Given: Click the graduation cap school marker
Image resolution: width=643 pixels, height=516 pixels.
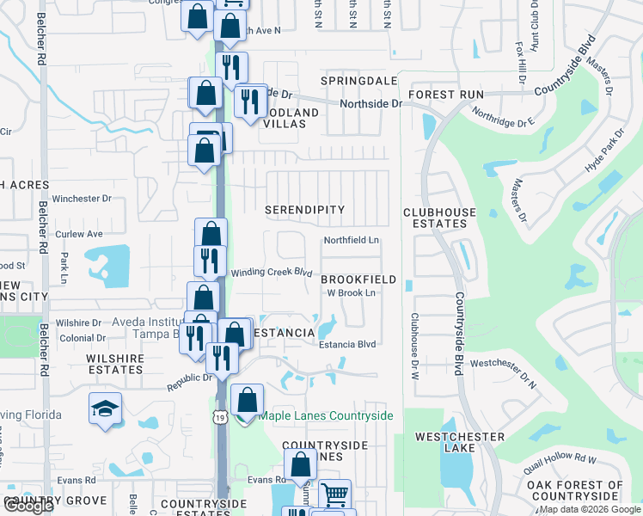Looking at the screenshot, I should coord(104,407).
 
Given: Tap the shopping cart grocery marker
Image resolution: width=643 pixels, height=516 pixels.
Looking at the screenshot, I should coord(334,494).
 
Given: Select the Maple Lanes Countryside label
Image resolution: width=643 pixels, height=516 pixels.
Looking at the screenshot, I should coord(326,416).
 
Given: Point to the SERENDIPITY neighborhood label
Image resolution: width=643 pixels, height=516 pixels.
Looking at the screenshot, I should coord(304,210).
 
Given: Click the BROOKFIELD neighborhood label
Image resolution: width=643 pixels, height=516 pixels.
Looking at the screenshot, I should coord(358,279).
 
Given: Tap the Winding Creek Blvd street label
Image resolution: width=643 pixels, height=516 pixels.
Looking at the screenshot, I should coord(271,273).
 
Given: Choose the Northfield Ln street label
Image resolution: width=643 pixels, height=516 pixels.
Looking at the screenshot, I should coord(352,241).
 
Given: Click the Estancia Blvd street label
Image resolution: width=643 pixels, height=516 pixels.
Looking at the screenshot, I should coord(348,344).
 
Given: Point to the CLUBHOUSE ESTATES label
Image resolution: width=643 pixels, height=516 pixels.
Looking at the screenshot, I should coord(435,218).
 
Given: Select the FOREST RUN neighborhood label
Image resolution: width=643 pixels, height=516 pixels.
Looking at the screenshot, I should coord(446,95).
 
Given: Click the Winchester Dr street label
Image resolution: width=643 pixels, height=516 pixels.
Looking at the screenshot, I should coord(83,199).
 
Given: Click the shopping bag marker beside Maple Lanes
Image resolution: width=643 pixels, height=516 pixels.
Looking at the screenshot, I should coord(247,400).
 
